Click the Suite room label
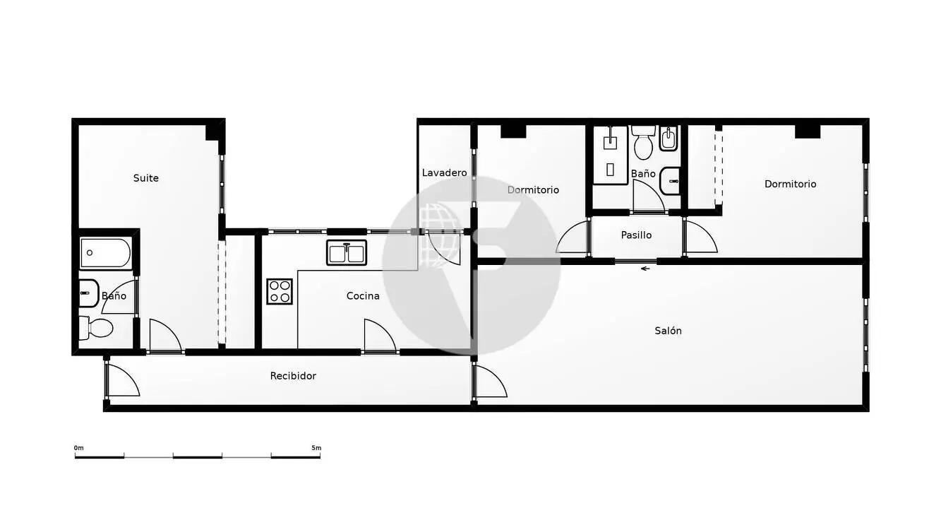(x=145, y=178)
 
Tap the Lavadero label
(x=445, y=173)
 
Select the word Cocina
(x=363, y=296)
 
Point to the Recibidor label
(x=293, y=376)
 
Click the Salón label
(x=668, y=331)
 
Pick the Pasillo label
(x=637, y=235)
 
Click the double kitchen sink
(x=347, y=253)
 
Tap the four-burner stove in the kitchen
(x=280, y=291)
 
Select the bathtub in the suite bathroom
(x=105, y=253)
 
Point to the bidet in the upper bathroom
(x=669, y=139)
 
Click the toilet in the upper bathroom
(x=643, y=143)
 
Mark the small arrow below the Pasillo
(x=645, y=269)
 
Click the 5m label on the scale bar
(x=316, y=448)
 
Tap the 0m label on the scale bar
(x=78, y=448)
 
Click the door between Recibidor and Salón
(x=490, y=382)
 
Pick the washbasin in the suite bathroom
(x=89, y=293)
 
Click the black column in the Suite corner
(x=212, y=133)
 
